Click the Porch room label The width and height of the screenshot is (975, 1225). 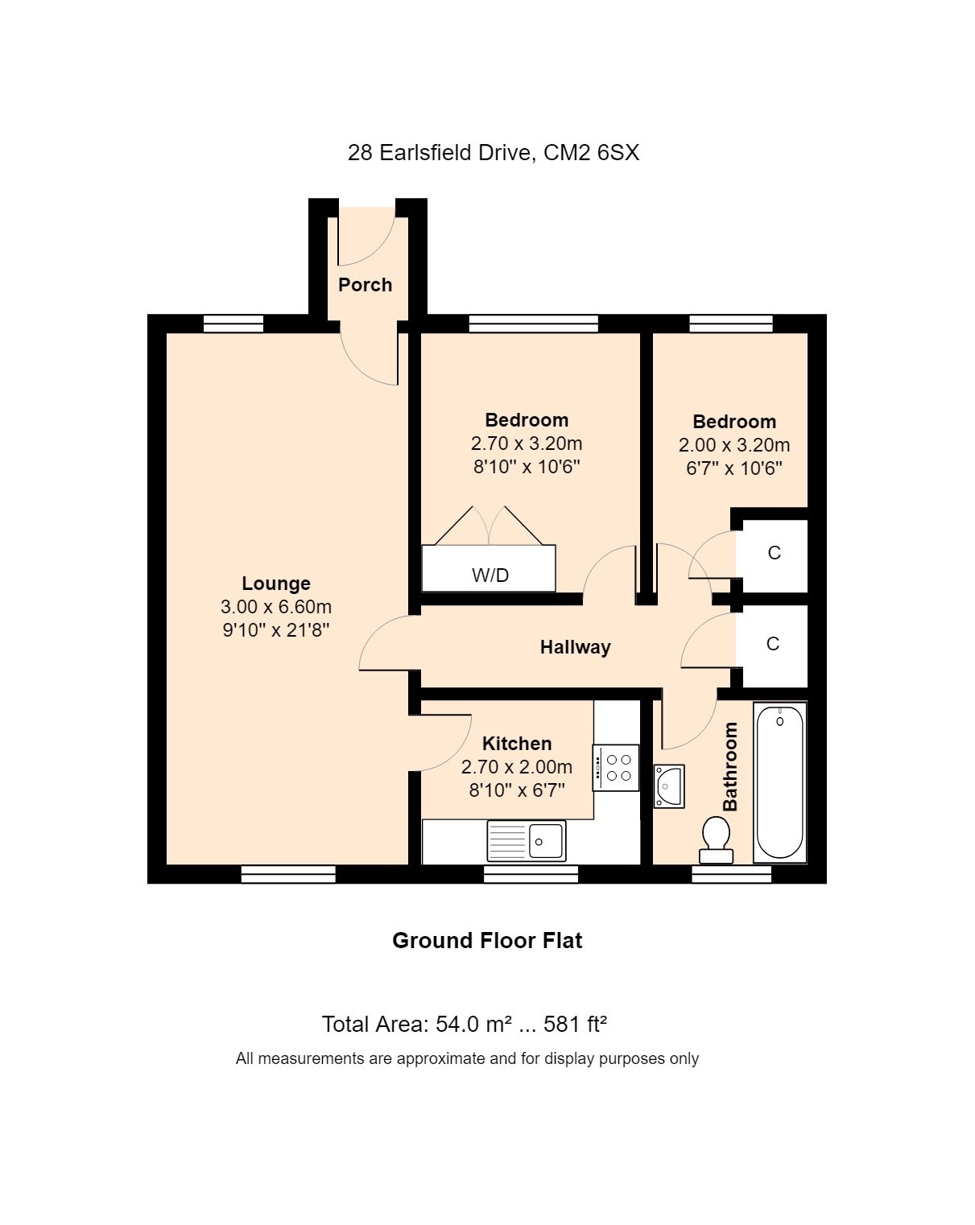pyautogui.click(x=365, y=285)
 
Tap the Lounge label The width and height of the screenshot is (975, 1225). pyautogui.click(x=276, y=584)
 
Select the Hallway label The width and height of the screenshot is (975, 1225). pyautogui.click(x=575, y=647)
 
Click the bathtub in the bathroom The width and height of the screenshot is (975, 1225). pyautogui.click(x=779, y=782)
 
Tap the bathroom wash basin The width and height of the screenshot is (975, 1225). pyautogui.click(x=668, y=786)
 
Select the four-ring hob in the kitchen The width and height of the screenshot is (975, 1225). pyautogui.click(x=616, y=768)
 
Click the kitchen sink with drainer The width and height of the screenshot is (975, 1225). pyautogui.click(x=527, y=841)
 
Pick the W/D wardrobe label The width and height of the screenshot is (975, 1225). pyautogui.click(x=490, y=575)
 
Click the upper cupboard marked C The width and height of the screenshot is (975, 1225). pyautogui.click(x=775, y=553)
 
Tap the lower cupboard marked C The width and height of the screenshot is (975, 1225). pyautogui.click(x=773, y=644)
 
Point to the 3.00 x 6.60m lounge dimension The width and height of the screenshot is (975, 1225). pyautogui.click(x=276, y=607)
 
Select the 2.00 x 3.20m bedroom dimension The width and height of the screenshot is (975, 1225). pyautogui.click(x=734, y=445)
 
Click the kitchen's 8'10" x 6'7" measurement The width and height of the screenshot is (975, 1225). pyautogui.click(x=517, y=790)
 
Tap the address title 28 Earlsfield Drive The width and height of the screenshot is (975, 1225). pyautogui.click(x=440, y=153)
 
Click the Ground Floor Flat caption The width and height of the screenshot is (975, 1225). pyautogui.click(x=488, y=941)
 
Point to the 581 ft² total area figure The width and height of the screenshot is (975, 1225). pyautogui.click(x=575, y=1024)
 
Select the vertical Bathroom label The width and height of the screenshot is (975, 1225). pyautogui.click(x=730, y=766)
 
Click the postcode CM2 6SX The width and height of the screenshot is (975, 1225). pyautogui.click(x=592, y=153)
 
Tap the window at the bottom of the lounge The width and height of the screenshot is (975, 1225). pyautogui.click(x=288, y=874)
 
